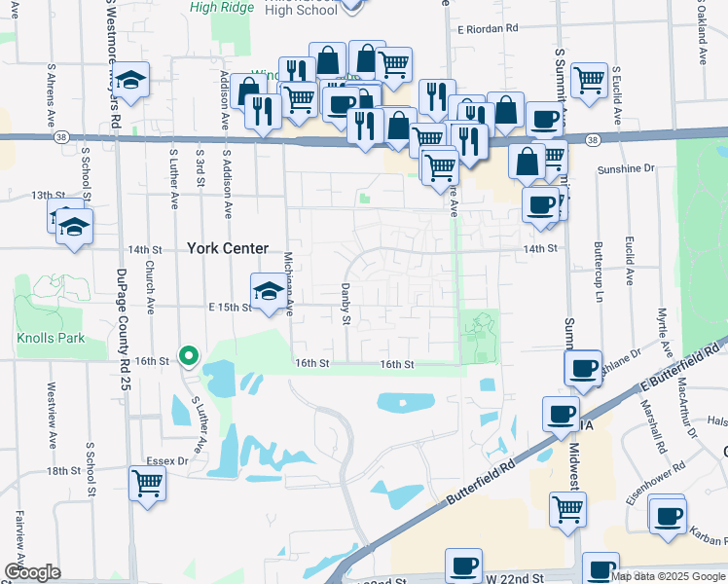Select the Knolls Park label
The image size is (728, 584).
click(x=50, y=339)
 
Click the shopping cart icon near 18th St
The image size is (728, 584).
click(x=147, y=482)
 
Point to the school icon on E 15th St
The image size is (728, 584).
click(x=269, y=289)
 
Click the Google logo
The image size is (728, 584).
click(x=31, y=572)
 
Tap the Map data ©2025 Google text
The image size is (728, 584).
click(x=669, y=576)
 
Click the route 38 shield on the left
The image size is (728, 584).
click(x=62, y=137)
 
